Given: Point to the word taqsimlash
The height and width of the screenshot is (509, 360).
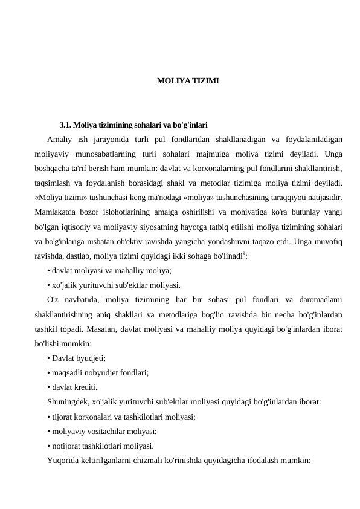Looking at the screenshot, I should click(x=54, y=182).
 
